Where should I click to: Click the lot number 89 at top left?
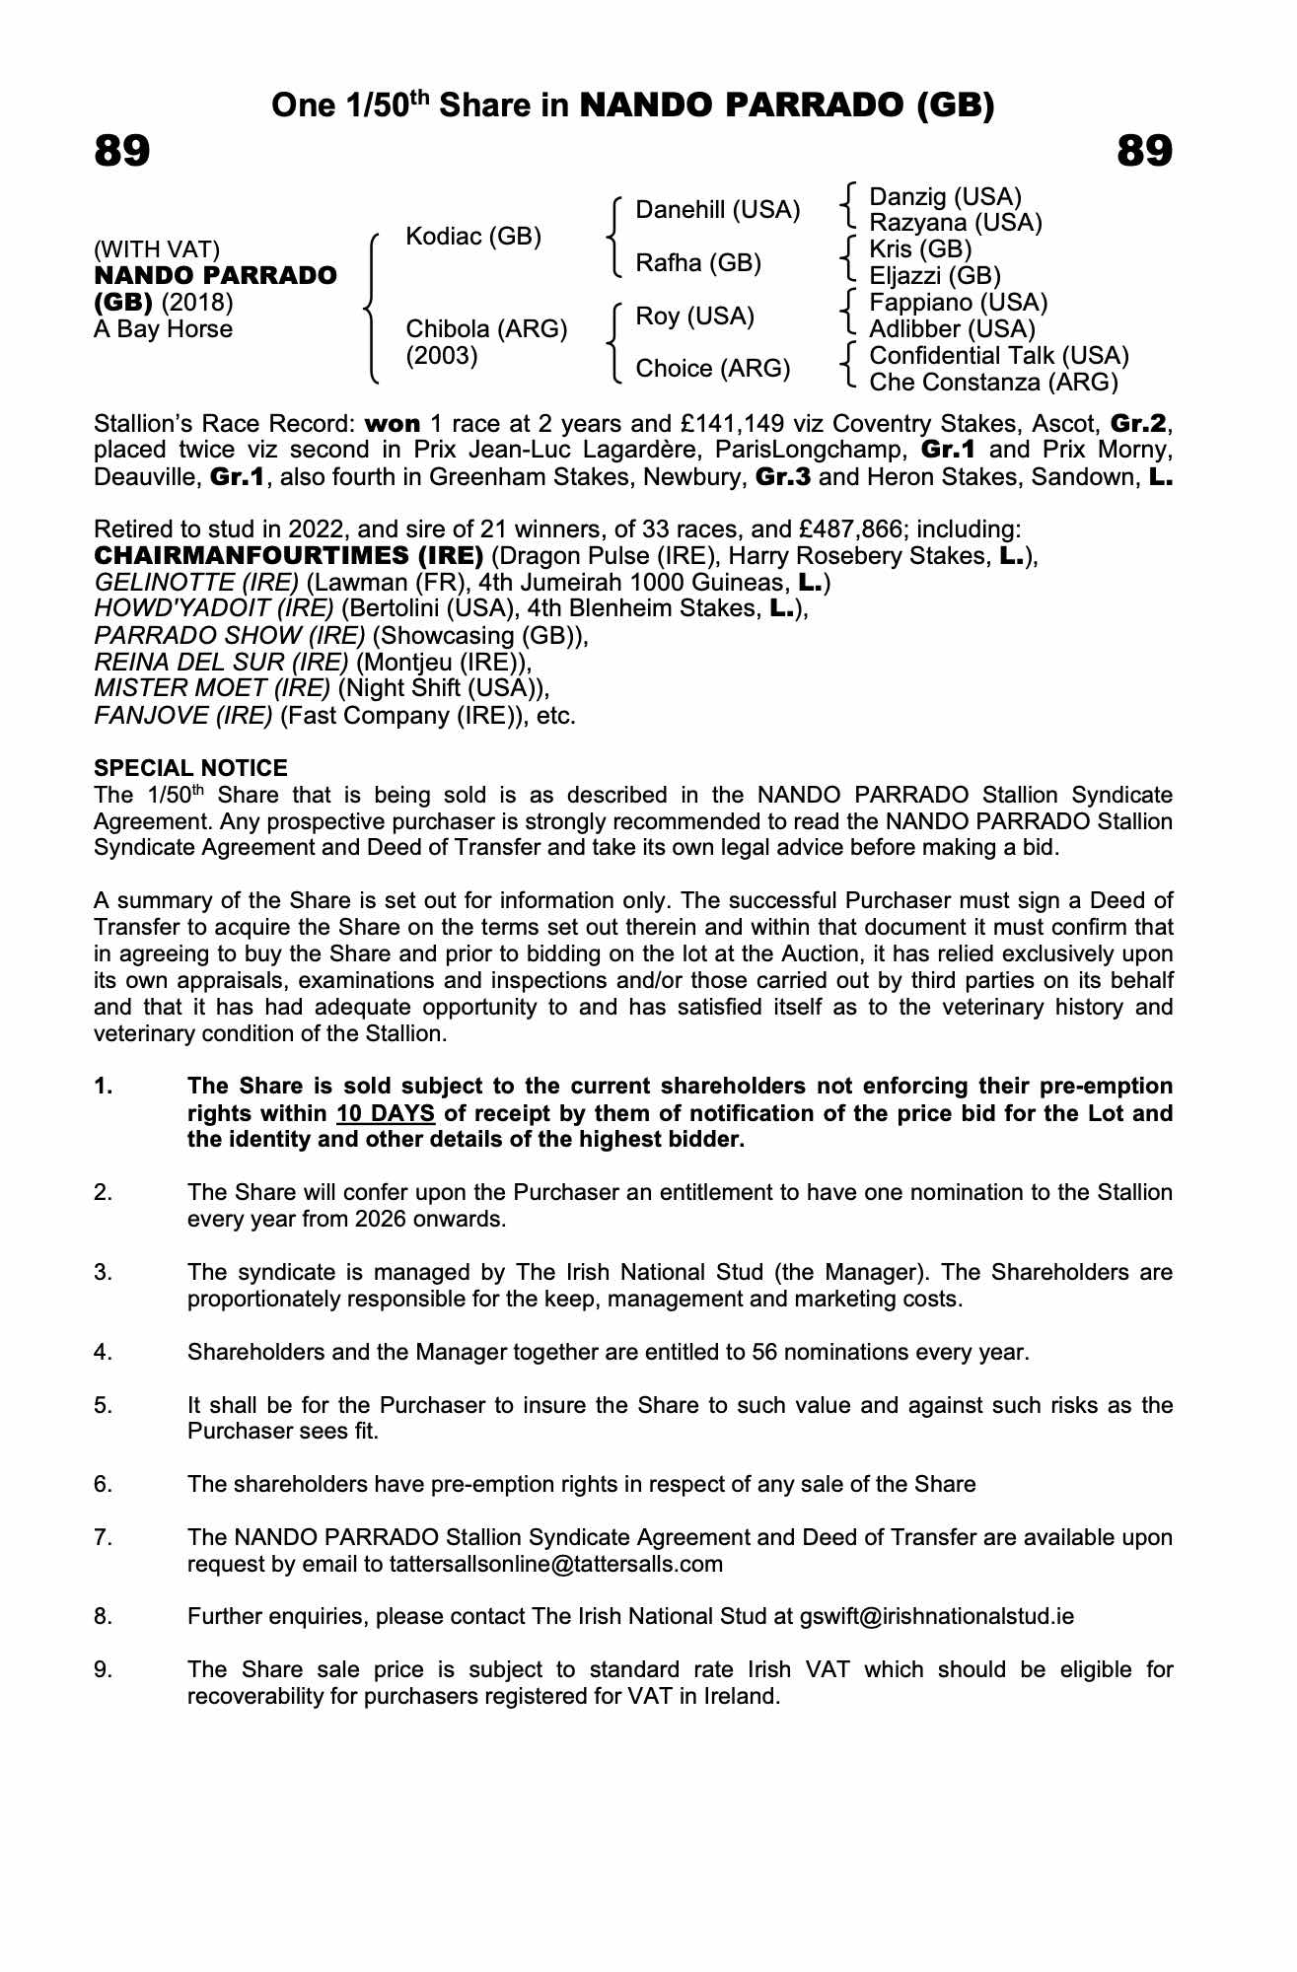click(x=122, y=152)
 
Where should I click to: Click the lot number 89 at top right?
click(x=1144, y=152)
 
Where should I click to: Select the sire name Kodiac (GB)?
click(x=473, y=237)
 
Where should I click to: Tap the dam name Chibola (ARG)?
click(x=486, y=329)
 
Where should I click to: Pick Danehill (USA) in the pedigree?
click(x=717, y=210)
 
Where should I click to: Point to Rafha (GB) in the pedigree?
click(x=698, y=263)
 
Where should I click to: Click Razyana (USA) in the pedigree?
click(x=955, y=223)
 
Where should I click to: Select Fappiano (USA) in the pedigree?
click(x=958, y=303)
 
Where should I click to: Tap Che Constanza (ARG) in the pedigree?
click(x=993, y=383)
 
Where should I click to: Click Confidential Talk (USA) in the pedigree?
click(x=998, y=356)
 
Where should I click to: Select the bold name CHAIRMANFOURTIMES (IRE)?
click(x=288, y=556)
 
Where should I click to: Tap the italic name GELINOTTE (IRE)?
click(x=195, y=583)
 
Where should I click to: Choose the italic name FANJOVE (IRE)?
click(x=182, y=716)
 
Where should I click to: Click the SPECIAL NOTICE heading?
click(x=190, y=768)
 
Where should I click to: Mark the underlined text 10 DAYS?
click(x=386, y=1114)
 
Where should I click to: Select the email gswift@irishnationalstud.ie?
click(x=936, y=1617)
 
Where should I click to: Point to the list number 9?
click(x=103, y=1670)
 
